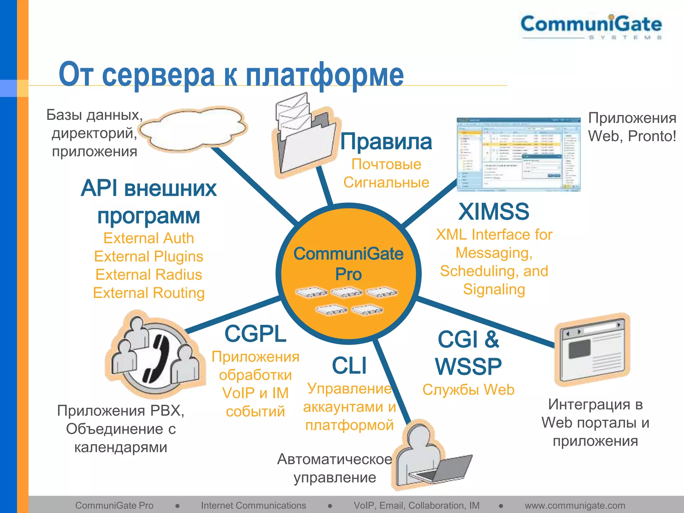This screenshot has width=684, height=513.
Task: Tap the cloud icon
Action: pos(194,129)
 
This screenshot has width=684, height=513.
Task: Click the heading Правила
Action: pos(386,142)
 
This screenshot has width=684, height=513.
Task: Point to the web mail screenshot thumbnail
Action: pos(518,154)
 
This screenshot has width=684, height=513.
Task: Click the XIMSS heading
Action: pos(494,212)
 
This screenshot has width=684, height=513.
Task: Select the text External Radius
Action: pos(149,275)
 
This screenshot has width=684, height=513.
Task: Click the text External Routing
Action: pos(149,293)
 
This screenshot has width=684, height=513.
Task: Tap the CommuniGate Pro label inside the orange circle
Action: pos(348,264)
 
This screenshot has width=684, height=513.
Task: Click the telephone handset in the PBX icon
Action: pos(157,359)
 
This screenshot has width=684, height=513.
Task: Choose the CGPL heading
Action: pos(255,334)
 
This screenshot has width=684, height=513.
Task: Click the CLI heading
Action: pos(349,366)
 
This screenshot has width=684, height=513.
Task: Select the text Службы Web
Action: pos(468,390)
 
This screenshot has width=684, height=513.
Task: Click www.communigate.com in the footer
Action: pos(575,506)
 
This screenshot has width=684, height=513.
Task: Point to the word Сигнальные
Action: pos(386,183)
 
